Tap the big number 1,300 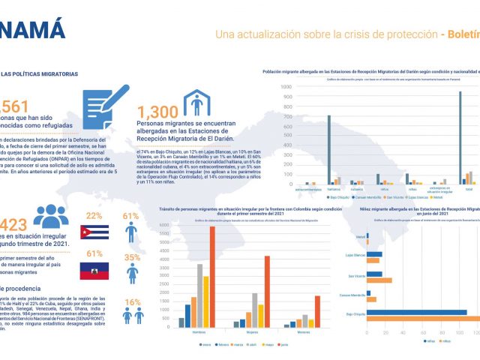[x=157, y=112]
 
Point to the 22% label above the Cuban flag [x=94, y=216]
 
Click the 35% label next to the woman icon [x=131, y=257]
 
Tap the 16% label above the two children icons [x=131, y=302]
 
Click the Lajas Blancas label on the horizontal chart [x=355, y=256]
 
